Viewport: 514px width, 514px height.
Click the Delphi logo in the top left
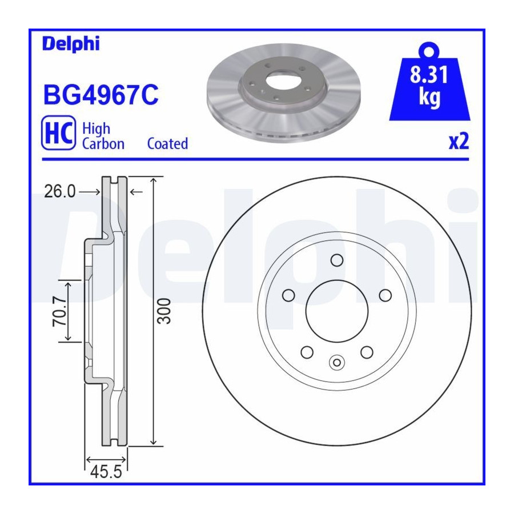71,44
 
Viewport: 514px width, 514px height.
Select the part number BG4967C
101,95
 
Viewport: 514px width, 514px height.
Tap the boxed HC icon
58,132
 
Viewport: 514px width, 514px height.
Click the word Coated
167,143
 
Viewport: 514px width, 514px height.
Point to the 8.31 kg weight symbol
429,82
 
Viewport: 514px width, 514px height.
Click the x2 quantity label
459,142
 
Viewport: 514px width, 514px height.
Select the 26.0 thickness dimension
60,191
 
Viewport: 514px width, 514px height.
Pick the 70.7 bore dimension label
59,311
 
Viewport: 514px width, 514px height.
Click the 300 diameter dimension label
164,311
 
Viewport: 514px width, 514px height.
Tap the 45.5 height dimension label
106,472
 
